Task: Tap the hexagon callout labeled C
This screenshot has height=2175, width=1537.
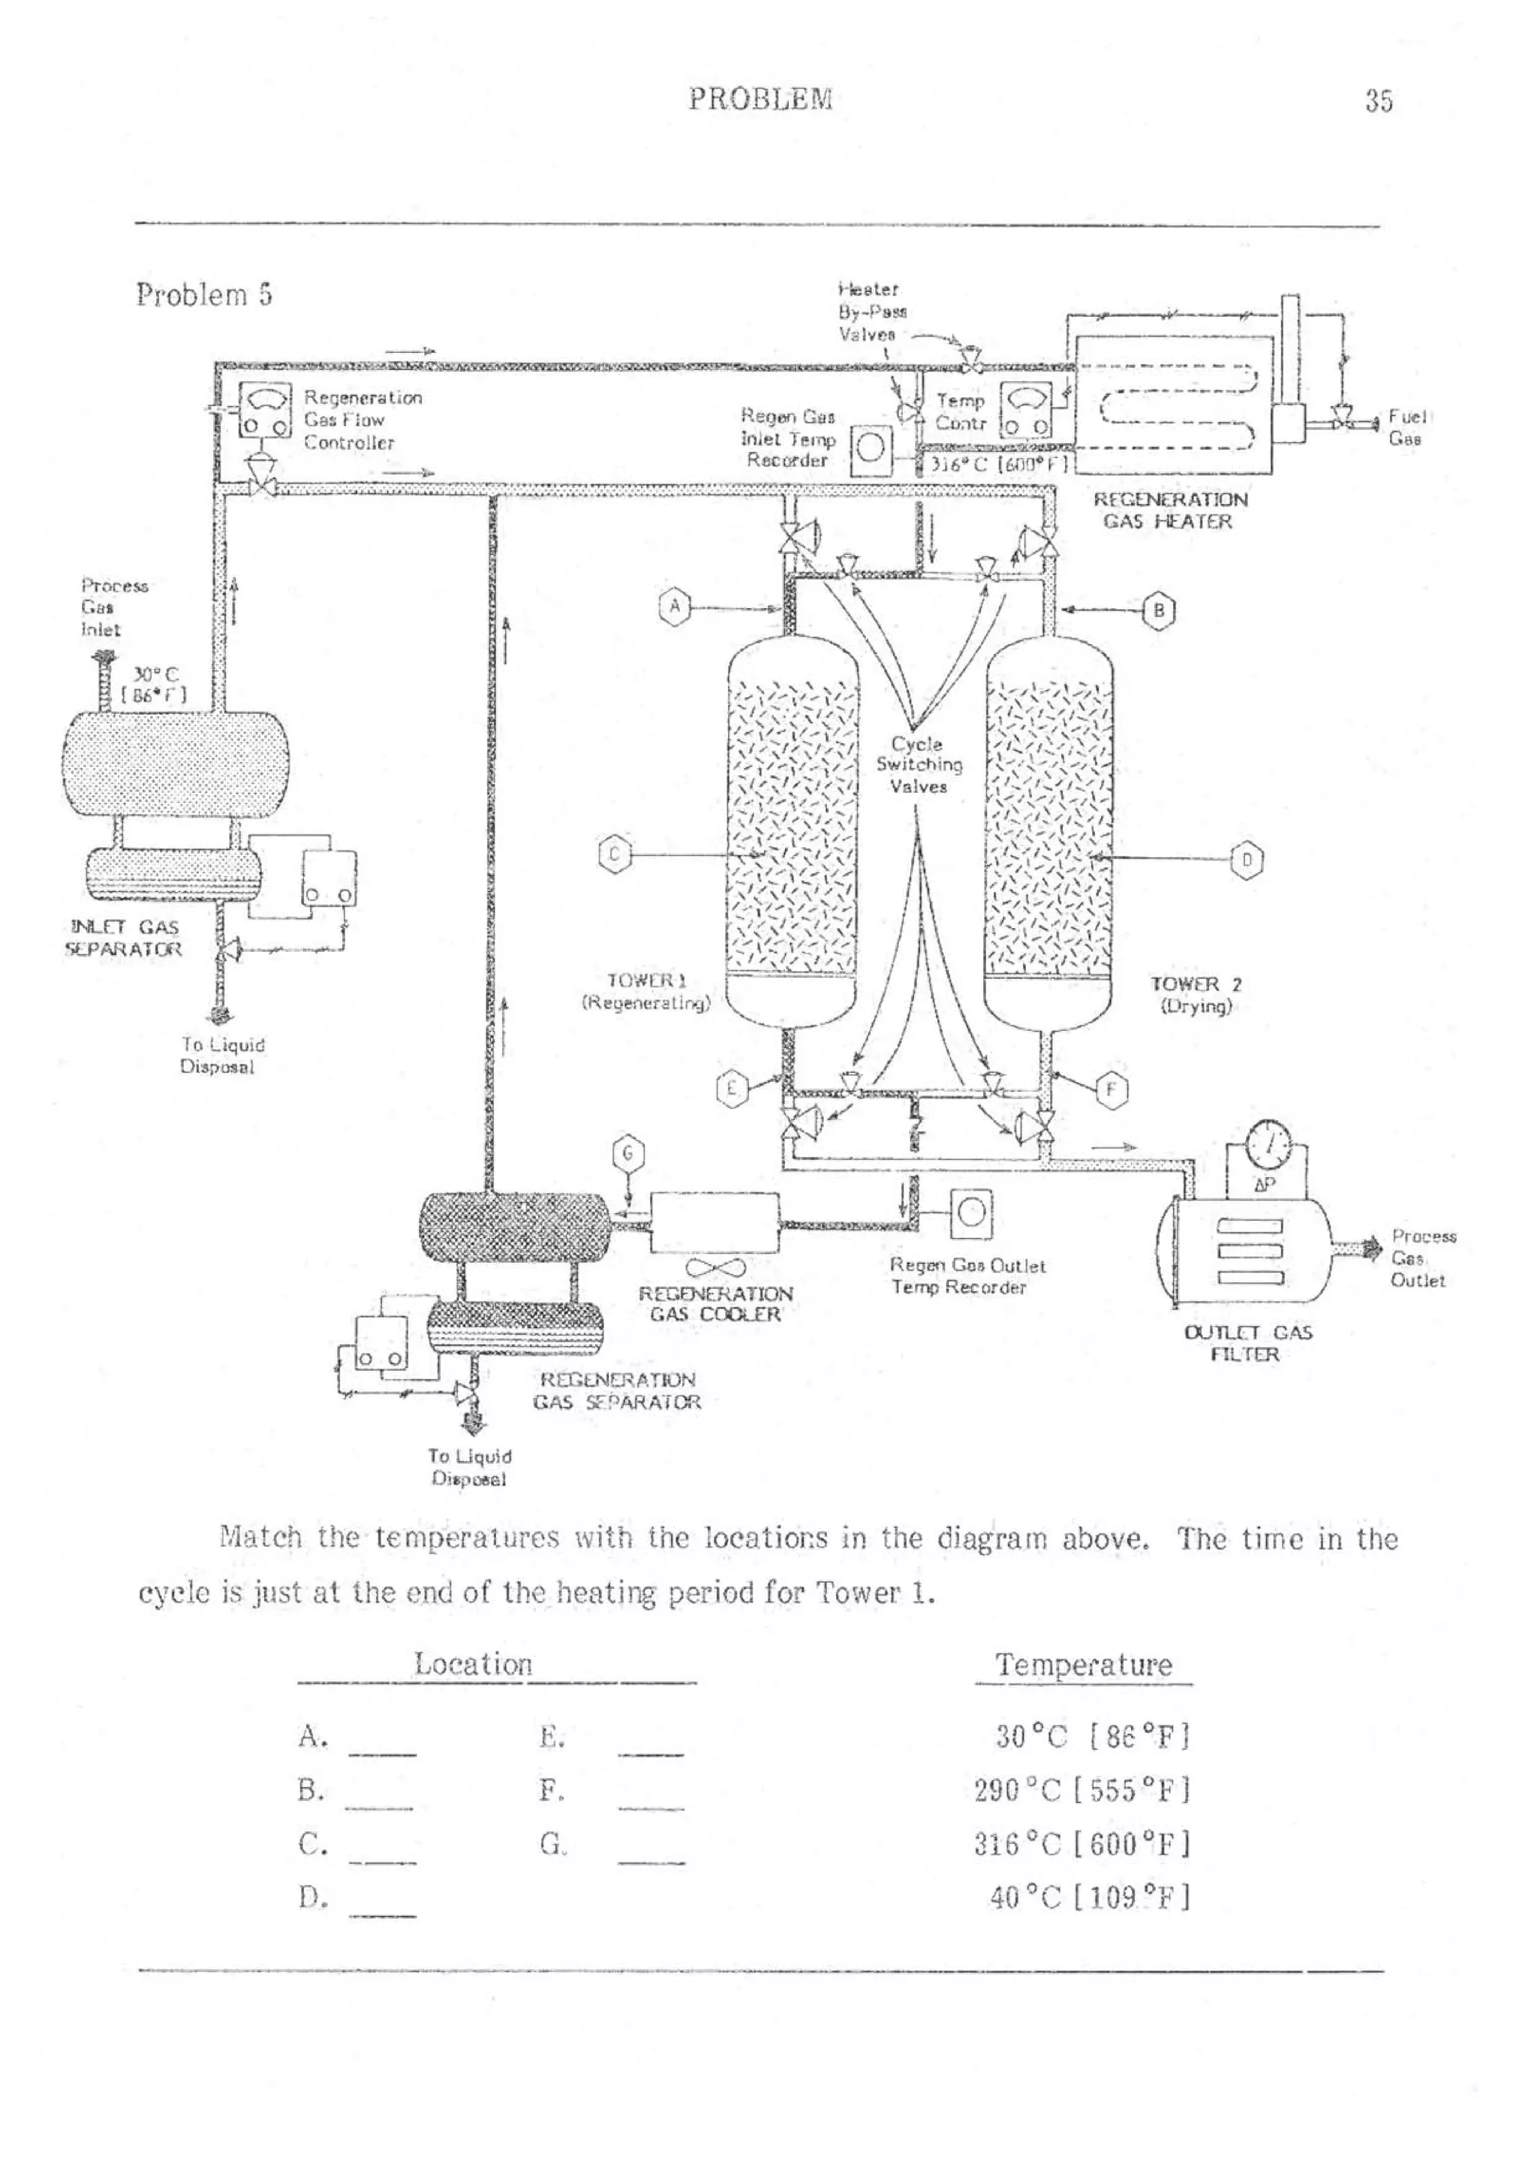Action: click(x=615, y=854)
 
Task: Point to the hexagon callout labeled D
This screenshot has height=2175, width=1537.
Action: click(x=1247, y=860)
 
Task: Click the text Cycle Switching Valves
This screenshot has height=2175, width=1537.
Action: click(x=918, y=764)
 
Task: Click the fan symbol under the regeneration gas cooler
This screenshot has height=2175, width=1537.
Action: click(x=715, y=1267)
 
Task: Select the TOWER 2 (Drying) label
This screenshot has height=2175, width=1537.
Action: click(x=1196, y=995)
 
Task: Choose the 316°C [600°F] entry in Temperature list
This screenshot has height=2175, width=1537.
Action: click(x=1081, y=1845)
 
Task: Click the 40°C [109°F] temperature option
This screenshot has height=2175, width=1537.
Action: click(x=1089, y=1899)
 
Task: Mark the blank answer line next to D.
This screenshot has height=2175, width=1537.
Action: click(x=382, y=1914)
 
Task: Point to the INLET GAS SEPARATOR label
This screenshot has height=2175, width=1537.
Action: click(x=124, y=938)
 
